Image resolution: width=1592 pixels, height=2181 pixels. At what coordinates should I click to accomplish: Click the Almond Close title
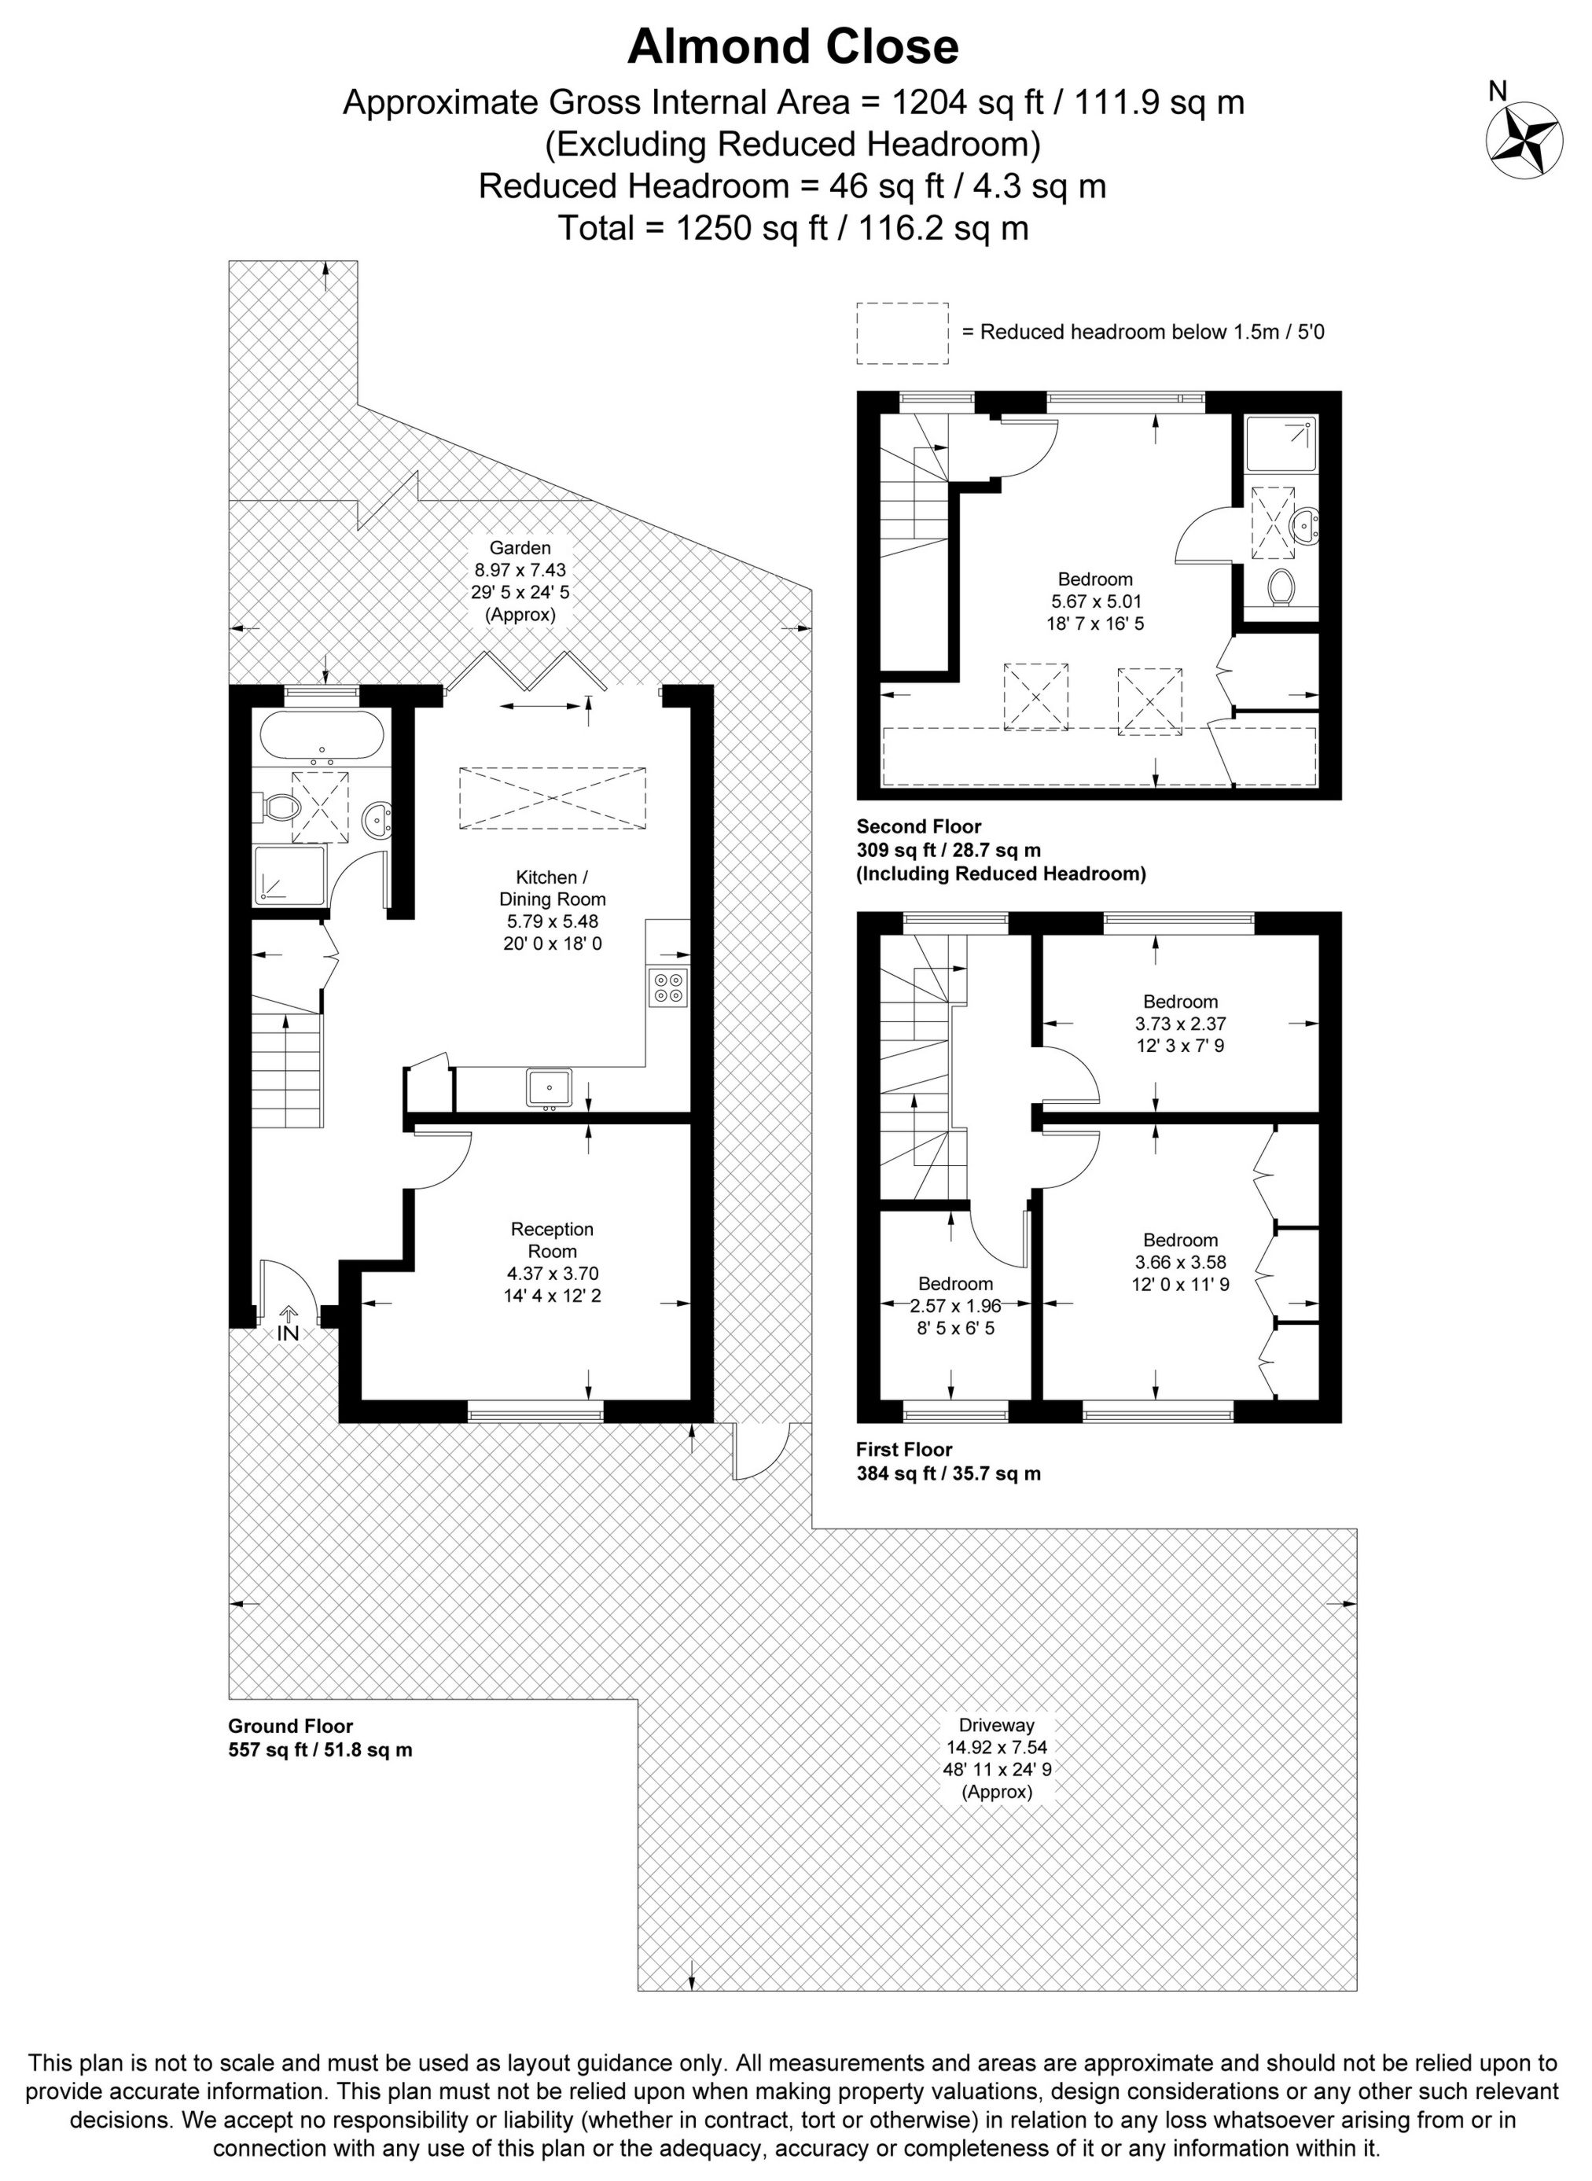[793, 47]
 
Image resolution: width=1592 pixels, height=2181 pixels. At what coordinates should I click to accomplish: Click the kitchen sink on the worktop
[550, 1087]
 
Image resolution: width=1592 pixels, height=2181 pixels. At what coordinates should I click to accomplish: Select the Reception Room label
[552, 1239]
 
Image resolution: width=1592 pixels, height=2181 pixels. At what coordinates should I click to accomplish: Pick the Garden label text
[520, 548]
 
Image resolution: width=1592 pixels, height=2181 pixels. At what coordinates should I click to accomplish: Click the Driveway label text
[995, 1725]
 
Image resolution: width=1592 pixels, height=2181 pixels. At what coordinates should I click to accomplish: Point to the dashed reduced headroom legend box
[902, 333]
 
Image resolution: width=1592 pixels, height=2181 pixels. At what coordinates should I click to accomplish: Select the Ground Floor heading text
[290, 1726]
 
